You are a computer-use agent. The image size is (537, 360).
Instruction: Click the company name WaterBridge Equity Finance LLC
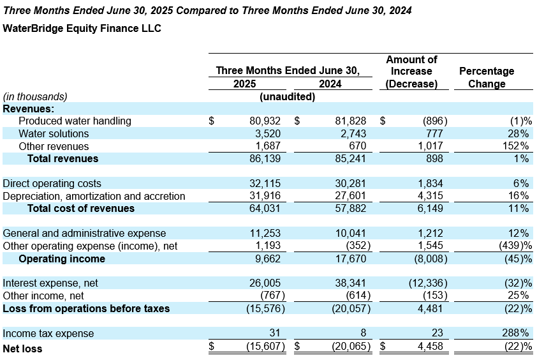(x=82, y=28)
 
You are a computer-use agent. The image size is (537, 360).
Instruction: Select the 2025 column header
(x=244, y=84)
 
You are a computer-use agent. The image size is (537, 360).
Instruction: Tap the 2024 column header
(x=330, y=84)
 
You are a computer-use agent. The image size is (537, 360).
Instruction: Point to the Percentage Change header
(x=487, y=77)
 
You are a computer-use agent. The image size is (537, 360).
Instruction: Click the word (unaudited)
(x=288, y=96)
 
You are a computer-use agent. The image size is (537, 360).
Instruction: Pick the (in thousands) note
(x=35, y=96)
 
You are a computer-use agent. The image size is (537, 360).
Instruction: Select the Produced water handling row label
(x=75, y=121)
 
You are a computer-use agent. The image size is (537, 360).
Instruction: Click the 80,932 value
(x=265, y=121)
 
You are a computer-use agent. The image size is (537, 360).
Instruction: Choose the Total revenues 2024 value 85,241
(x=350, y=159)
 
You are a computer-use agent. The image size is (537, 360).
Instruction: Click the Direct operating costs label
(x=52, y=183)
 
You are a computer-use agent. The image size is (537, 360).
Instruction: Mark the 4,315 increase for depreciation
(x=430, y=196)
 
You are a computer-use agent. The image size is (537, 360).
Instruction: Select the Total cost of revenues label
(x=81, y=209)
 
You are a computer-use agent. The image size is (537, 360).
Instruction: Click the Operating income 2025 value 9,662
(x=267, y=259)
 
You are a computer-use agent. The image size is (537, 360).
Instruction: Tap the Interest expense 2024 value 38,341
(x=350, y=283)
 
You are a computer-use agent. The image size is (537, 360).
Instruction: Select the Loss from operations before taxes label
(x=86, y=308)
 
